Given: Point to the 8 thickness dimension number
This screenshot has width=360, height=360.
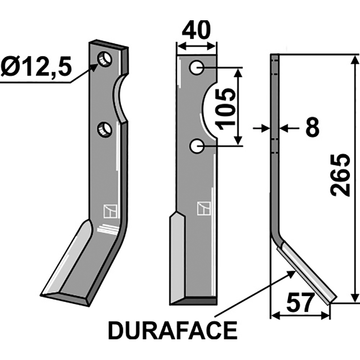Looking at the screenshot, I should click(311, 129).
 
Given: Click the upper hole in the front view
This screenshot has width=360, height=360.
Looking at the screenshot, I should click(197, 67).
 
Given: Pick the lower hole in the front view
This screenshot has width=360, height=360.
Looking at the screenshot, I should click(197, 145).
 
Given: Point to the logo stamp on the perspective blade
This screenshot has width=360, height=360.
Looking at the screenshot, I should click(109, 210).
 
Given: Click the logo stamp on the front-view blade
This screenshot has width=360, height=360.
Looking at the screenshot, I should click(203, 208).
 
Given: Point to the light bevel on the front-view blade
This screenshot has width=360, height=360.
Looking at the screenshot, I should click(177, 256).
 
